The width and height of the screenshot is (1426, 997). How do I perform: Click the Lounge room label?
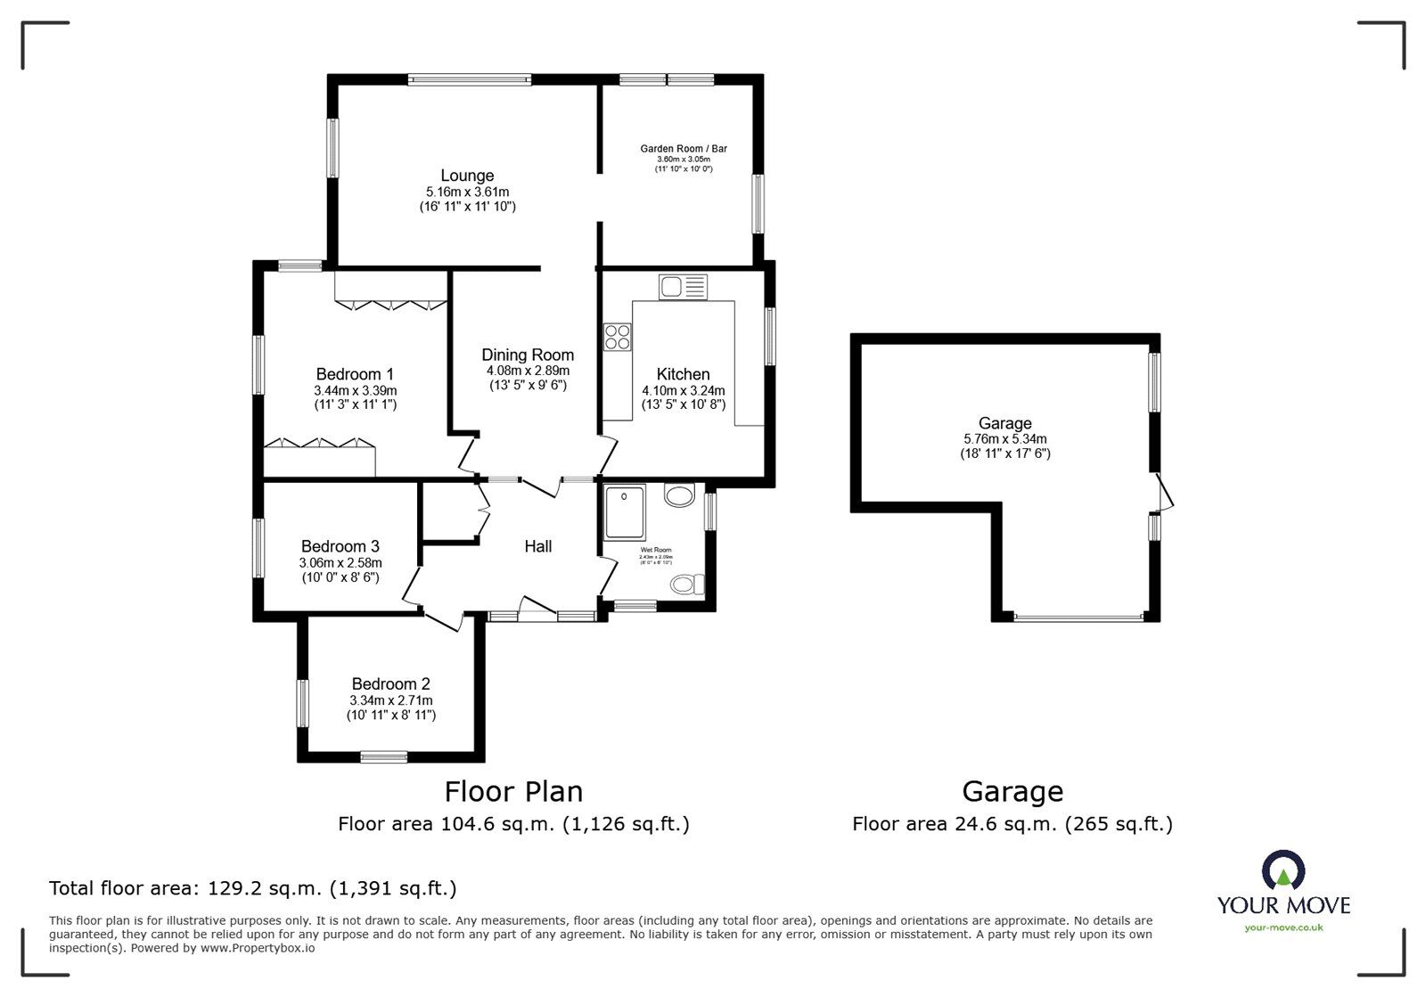(467, 176)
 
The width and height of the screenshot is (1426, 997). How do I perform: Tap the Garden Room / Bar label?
(684, 149)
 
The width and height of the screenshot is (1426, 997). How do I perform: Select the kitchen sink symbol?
(683, 287)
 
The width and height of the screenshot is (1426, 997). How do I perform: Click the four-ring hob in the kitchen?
(617, 337)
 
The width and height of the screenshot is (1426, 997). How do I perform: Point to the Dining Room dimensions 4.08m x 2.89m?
(528, 371)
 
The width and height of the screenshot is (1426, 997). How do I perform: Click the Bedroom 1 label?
(355, 374)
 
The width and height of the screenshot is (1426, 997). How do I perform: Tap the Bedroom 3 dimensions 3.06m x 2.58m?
(340, 563)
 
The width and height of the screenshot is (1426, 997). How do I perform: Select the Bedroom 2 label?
(390, 684)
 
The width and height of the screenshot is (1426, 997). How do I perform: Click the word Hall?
(537, 547)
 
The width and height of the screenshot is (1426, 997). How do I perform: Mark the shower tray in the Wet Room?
(624, 512)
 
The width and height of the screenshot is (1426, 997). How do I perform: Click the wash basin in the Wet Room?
(679, 495)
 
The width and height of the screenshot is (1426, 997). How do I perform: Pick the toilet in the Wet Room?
(687, 584)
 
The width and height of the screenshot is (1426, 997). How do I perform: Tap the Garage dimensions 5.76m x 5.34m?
(1004, 439)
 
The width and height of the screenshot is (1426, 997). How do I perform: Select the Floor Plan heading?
(513, 791)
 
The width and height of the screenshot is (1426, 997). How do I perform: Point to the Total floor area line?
(252, 888)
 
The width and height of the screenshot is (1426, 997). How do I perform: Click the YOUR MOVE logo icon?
(1283, 871)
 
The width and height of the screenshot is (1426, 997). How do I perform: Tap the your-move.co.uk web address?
(1283, 928)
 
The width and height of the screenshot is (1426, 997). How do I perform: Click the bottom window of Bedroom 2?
(384, 757)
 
